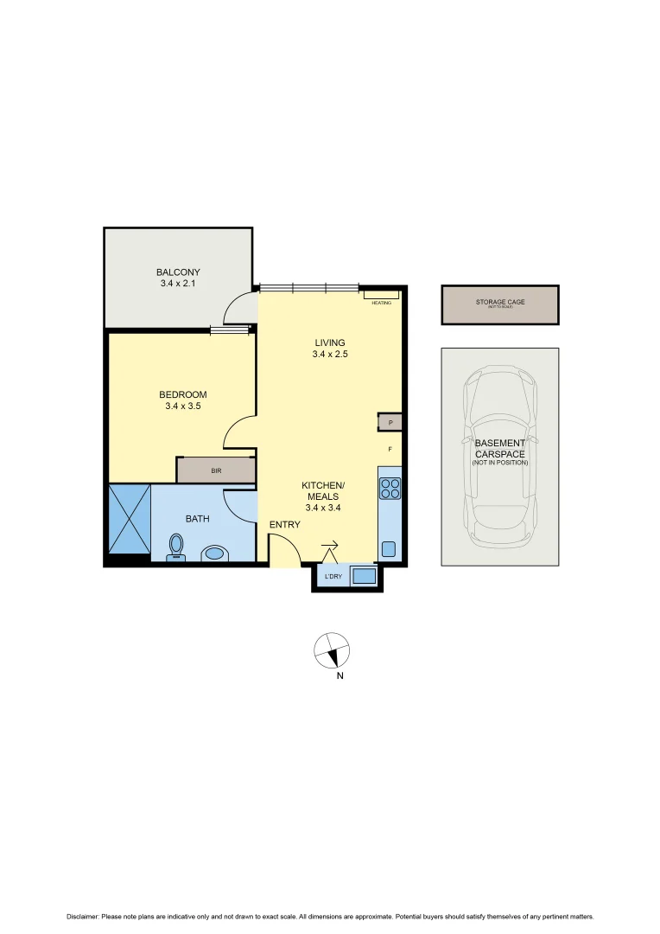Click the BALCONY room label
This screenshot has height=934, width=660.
[x=178, y=272]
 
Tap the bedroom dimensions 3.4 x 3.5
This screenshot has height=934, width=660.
[x=182, y=406]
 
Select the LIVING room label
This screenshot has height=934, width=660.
[x=330, y=342]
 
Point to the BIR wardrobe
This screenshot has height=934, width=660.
[x=216, y=471]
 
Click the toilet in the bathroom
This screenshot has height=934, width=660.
[x=176, y=547]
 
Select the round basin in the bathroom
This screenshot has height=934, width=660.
[x=213, y=553]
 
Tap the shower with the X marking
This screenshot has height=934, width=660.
[x=128, y=518]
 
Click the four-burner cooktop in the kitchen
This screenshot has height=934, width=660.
[x=390, y=489]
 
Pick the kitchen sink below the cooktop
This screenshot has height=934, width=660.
[x=389, y=548]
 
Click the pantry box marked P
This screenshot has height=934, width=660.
[x=390, y=423]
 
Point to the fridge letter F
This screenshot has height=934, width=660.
[x=390, y=450]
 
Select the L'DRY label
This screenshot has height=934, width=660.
[x=332, y=577]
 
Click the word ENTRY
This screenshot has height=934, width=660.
[x=285, y=525]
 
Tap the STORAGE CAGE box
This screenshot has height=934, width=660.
[x=499, y=304]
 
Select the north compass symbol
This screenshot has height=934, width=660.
[x=332, y=650]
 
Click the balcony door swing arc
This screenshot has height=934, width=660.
[x=238, y=307]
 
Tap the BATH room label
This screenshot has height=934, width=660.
[x=198, y=519]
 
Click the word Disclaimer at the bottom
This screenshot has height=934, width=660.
[x=83, y=917]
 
